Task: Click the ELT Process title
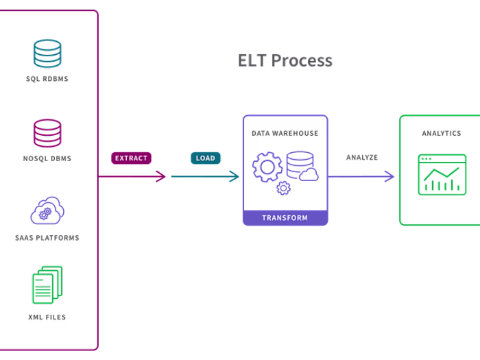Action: (x=285, y=60)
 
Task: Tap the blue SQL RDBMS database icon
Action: (x=47, y=53)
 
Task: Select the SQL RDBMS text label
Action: (x=47, y=79)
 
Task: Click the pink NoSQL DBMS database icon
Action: (x=47, y=133)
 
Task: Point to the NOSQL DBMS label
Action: (x=47, y=158)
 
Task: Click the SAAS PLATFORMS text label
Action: (x=47, y=238)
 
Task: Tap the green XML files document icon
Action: (x=47, y=285)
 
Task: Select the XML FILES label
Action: (x=47, y=317)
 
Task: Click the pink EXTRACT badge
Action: (x=131, y=158)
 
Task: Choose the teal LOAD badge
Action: (x=205, y=158)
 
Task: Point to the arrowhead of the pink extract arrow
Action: (x=162, y=177)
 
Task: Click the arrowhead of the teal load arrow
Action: (x=235, y=177)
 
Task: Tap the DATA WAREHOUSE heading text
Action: (x=285, y=134)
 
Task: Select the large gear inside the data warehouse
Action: (x=267, y=167)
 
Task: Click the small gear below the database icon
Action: (x=283, y=189)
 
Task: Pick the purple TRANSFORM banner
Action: (x=285, y=217)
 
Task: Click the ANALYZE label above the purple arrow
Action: (x=361, y=158)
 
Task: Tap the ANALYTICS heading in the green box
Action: (x=441, y=134)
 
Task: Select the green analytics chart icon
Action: (x=442, y=174)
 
